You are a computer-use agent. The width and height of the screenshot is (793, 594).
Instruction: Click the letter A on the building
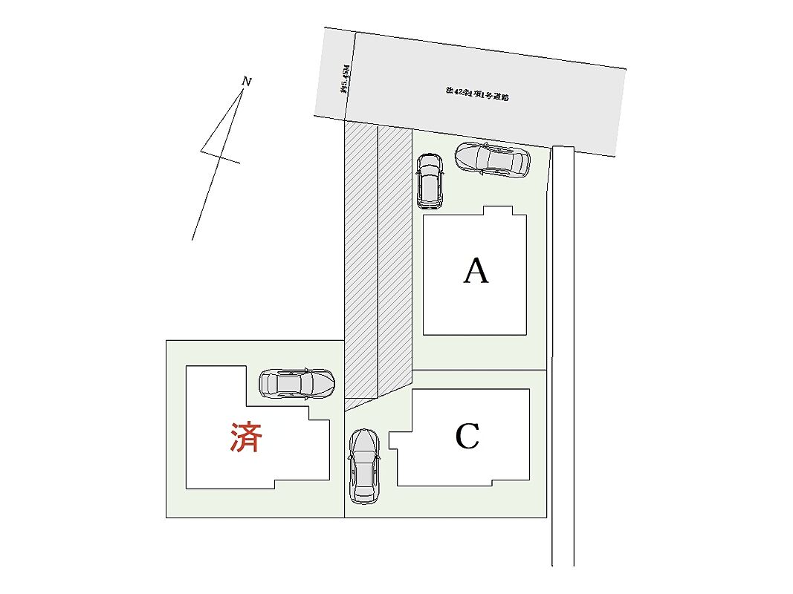(476, 271)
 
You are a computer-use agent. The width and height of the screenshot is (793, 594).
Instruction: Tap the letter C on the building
(467, 437)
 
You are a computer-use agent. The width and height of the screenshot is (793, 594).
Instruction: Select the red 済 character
(245, 437)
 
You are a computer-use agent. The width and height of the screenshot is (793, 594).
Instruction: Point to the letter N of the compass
(247, 82)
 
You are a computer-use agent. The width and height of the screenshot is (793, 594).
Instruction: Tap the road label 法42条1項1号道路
(476, 94)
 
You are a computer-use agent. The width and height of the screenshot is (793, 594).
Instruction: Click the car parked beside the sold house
(297, 384)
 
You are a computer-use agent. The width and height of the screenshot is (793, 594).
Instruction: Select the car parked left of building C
(364, 466)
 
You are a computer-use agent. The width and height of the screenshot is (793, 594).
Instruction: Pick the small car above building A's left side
(430, 180)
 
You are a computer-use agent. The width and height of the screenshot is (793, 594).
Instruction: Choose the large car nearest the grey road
(492, 159)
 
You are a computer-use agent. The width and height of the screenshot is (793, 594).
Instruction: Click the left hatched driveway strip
(361, 260)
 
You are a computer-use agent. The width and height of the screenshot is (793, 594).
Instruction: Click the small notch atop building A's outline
(498, 211)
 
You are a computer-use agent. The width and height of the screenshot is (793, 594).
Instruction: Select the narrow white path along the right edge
(563, 356)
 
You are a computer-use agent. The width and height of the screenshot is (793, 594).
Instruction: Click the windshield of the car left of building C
(364, 453)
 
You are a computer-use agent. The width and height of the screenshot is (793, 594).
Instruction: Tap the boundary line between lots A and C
(479, 370)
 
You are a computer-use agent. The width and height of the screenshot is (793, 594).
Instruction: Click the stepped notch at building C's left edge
(395, 448)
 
